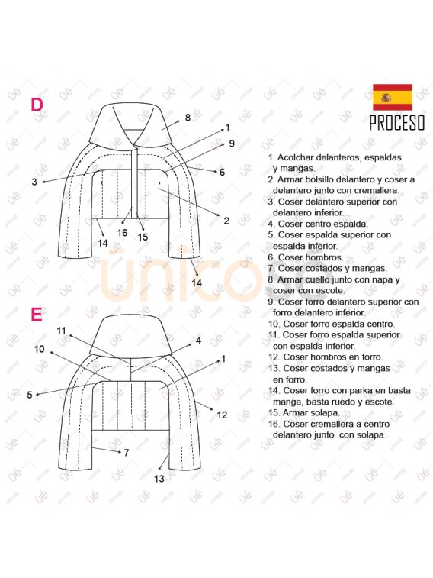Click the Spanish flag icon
click(x=393, y=97)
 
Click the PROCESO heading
click(x=397, y=123)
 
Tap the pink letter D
click(x=37, y=105)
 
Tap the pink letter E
click(x=36, y=315)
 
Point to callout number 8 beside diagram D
click(x=188, y=118)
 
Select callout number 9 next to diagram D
click(x=232, y=144)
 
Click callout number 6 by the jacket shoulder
click(x=222, y=172)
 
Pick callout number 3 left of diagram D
click(x=34, y=182)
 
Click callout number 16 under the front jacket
click(x=122, y=233)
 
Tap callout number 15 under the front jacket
click(x=143, y=237)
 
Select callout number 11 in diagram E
click(x=61, y=331)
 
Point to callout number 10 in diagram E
click(x=40, y=349)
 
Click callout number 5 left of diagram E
click(x=30, y=396)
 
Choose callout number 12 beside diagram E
click(x=222, y=415)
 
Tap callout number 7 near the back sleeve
click(x=127, y=453)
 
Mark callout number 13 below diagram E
click(x=159, y=479)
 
